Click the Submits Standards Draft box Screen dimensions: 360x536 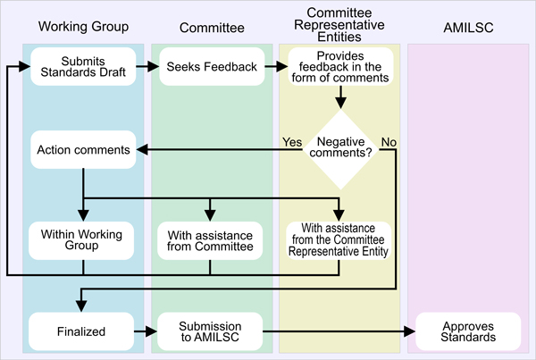pos(83,67)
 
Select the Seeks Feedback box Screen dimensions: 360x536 pos(210,67)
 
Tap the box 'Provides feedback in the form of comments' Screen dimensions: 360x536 pos(339,67)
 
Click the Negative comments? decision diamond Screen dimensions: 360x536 pos(339,148)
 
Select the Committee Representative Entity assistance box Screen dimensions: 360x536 pos(339,239)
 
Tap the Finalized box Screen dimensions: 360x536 pos(83,331)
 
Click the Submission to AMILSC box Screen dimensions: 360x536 pos(210,331)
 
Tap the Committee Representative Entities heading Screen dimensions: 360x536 pos(339,26)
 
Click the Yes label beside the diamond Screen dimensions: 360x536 pos(291,142)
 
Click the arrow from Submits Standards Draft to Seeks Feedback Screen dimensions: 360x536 pos(147,67)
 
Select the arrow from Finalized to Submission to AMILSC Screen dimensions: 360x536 pos(147,331)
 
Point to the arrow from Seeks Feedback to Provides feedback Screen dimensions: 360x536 pos(275,67)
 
